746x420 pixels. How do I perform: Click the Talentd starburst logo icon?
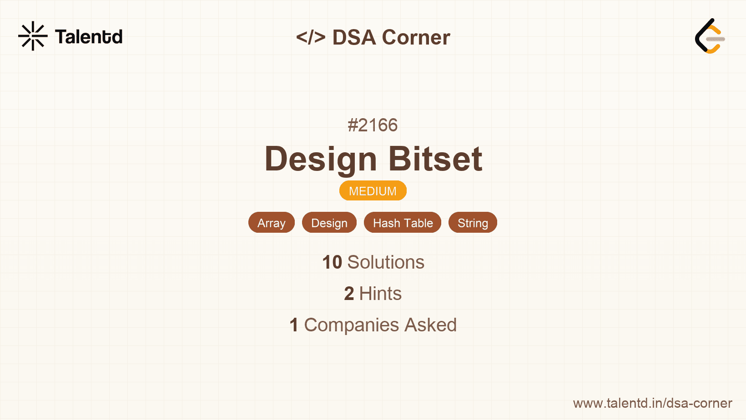coord(33,36)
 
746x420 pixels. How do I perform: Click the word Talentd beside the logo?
coord(89,37)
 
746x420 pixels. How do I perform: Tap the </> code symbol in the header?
coord(310,37)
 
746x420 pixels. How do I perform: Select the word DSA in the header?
coord(354,37)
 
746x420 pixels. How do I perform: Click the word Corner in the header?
coord(416,37)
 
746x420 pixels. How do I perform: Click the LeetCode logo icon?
coord(710,36)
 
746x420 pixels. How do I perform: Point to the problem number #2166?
coord(373,125)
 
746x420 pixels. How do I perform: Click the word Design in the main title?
coord(321,159)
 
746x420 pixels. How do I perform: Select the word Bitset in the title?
coord(435,159)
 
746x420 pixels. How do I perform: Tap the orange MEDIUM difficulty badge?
coord(373,191)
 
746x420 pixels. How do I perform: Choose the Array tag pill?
coord(272,223)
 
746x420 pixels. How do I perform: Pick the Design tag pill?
coord(329,223)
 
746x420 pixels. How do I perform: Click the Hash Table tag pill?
coord(403,223)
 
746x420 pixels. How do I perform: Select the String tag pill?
coord(473,223)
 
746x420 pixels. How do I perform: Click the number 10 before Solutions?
coord(332,262)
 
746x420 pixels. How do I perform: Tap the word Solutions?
coord(386,262)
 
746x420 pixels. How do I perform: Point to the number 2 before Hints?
coord(349,294)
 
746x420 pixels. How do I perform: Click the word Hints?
coord(380,294)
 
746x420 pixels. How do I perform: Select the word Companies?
coord(351,325)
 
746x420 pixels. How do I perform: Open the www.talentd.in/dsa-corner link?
coord(652,403)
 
